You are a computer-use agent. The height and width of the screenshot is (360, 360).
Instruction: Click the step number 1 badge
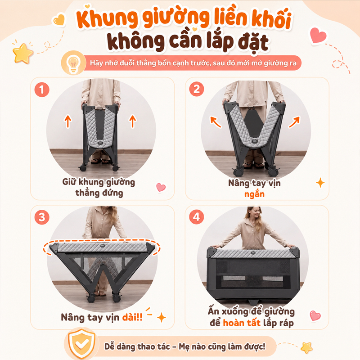tap(42, 90)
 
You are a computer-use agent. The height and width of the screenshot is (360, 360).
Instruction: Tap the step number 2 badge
tap(197, 89)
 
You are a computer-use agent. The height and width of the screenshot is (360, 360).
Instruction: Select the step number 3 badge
tap(42, 217)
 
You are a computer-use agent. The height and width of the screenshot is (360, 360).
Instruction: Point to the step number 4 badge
tap(197, 217)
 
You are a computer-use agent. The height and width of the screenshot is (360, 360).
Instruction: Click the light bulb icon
tap(73, 63)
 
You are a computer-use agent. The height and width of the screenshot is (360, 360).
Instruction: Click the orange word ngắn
tap(254, 194)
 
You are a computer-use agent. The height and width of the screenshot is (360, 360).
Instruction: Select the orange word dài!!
tap(132, 317)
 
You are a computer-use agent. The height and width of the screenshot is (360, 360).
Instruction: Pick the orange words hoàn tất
tap(242, 323)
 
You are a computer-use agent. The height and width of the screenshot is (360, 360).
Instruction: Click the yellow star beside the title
tap(22, 53)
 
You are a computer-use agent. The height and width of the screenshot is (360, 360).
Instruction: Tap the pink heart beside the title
tap(318, 35)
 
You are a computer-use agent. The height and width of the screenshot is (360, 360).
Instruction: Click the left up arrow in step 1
tap(68, 121)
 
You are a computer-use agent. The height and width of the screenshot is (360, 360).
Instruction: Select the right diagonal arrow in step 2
tap(294, 122)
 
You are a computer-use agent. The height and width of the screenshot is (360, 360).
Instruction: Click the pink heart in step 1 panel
tap(161, 187)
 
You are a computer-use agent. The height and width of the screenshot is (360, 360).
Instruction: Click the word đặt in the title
tap(253, 43)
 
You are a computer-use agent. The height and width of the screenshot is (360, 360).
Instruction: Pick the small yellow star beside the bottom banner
tap(306, 347)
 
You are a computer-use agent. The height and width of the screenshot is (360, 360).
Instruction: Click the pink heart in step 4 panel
tap(315, 316)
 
